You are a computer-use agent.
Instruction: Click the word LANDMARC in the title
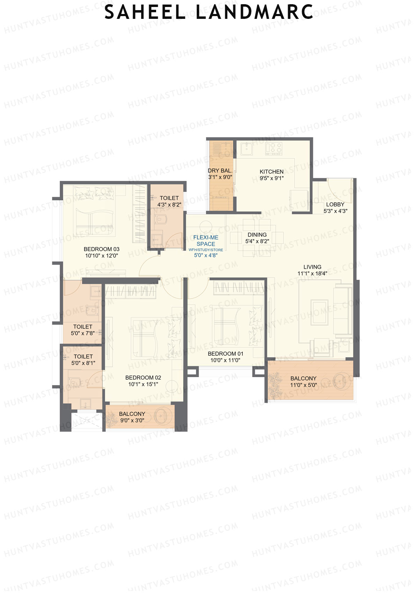pos(254,12)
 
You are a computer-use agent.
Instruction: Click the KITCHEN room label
pos(271,172)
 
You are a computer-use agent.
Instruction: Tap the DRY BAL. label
pos(220,171)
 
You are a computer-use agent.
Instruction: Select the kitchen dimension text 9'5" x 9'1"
pos(271,178)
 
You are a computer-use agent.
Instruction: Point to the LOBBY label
pos(335,204)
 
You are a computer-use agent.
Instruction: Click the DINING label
pos(257,235)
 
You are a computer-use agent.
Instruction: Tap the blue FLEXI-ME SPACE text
pos(206,240)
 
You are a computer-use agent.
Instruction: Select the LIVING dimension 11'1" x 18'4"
pos(312,274)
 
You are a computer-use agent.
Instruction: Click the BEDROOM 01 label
pos(225,354)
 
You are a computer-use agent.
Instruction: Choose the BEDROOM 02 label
pos(143,377)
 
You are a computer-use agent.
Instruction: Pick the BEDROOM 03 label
pos(101,249)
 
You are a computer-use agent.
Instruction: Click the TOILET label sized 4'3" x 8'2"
pos(169,198)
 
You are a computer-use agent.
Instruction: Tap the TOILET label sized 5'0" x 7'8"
pos(83,327)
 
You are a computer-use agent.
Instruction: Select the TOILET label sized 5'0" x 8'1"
pos(83,356)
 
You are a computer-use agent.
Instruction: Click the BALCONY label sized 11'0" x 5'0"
pos(303,378)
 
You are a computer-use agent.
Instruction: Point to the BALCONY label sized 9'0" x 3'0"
pos(132,414)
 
